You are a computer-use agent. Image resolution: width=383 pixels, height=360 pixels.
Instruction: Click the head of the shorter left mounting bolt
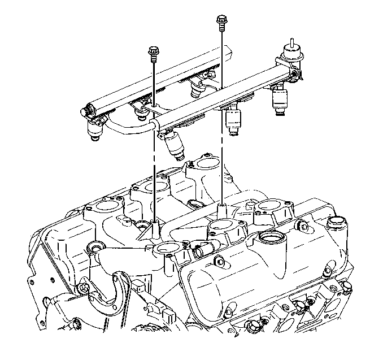153,52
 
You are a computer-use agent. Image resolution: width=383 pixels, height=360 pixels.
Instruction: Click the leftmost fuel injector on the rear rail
95,128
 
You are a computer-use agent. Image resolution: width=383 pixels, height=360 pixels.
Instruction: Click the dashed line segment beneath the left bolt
154,170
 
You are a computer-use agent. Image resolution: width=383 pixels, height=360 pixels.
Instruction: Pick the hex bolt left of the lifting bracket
85,288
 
